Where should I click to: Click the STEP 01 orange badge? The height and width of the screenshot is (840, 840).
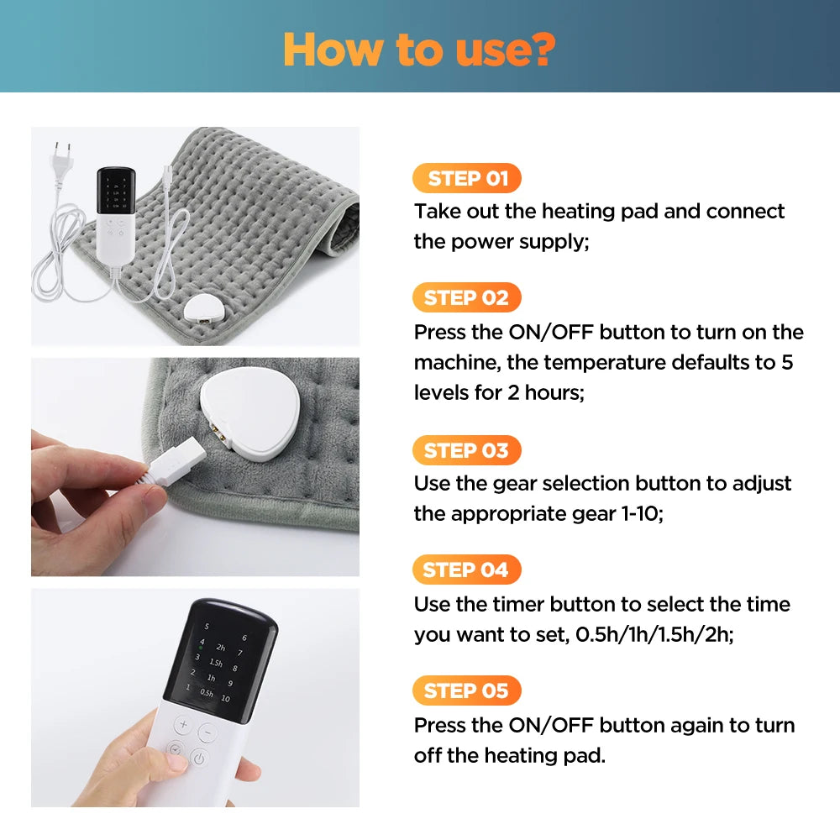pos(466,178)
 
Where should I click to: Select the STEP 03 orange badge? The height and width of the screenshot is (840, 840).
pos(466,450)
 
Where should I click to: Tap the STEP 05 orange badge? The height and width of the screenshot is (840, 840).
pos(466,690)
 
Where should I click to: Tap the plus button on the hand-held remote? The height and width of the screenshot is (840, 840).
pos(183,725)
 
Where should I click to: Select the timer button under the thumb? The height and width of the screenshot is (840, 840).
pos(176,750)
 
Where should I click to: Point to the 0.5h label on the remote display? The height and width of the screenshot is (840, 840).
pos(207,693)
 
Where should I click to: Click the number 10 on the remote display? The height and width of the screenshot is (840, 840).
pos(225,699)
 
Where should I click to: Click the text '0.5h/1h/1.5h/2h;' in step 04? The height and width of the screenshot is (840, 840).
pos(654,634)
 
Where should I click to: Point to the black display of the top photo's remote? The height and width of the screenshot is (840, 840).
pos(116,190)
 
